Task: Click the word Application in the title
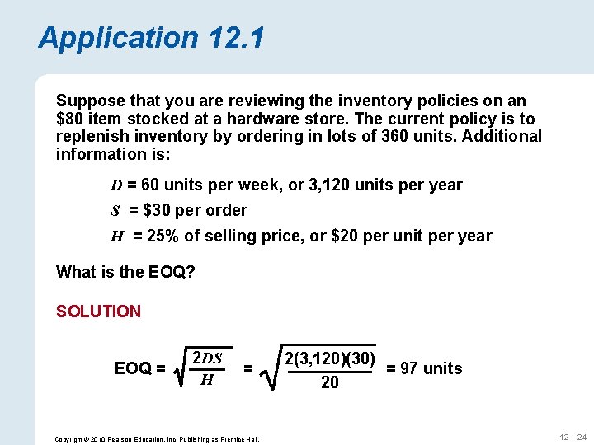point(118,38)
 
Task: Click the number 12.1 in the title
point(236,38)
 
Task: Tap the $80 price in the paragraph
point(73,119)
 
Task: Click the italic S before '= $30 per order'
point(117,211)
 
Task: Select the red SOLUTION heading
point(98,311)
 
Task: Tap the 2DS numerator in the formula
point(207,358)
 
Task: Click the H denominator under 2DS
point(207,380)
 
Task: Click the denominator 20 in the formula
point(329,382)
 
